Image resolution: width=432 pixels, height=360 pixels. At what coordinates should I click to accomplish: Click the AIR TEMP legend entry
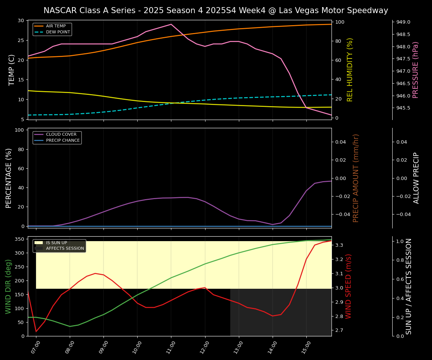[x=55, y=26]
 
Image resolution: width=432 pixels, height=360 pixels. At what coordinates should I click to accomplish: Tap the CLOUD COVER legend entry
[x=61, y=135]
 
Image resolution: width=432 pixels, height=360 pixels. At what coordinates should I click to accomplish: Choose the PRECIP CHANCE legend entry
[x=63, y=141]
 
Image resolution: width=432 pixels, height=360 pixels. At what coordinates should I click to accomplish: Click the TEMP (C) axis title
[x=12, y=70]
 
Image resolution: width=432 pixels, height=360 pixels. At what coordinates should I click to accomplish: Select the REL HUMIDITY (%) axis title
[x=350, y=70]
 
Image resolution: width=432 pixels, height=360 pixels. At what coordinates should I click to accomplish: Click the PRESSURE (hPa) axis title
[x=415, y=70]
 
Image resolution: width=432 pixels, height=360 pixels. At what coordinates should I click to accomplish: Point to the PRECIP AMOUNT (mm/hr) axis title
[x=356, y=178]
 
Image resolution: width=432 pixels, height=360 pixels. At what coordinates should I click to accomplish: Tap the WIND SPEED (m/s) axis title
[x=348, y=286]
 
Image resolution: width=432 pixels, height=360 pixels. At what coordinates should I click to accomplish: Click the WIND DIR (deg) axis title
[x=8, y=286]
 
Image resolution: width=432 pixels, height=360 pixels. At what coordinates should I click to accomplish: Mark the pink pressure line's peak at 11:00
[x=171, y=24]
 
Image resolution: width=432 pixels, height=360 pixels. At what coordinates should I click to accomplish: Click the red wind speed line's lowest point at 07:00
[x=36, y=331]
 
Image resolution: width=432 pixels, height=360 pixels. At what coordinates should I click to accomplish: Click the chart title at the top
[x=216, y=10]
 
